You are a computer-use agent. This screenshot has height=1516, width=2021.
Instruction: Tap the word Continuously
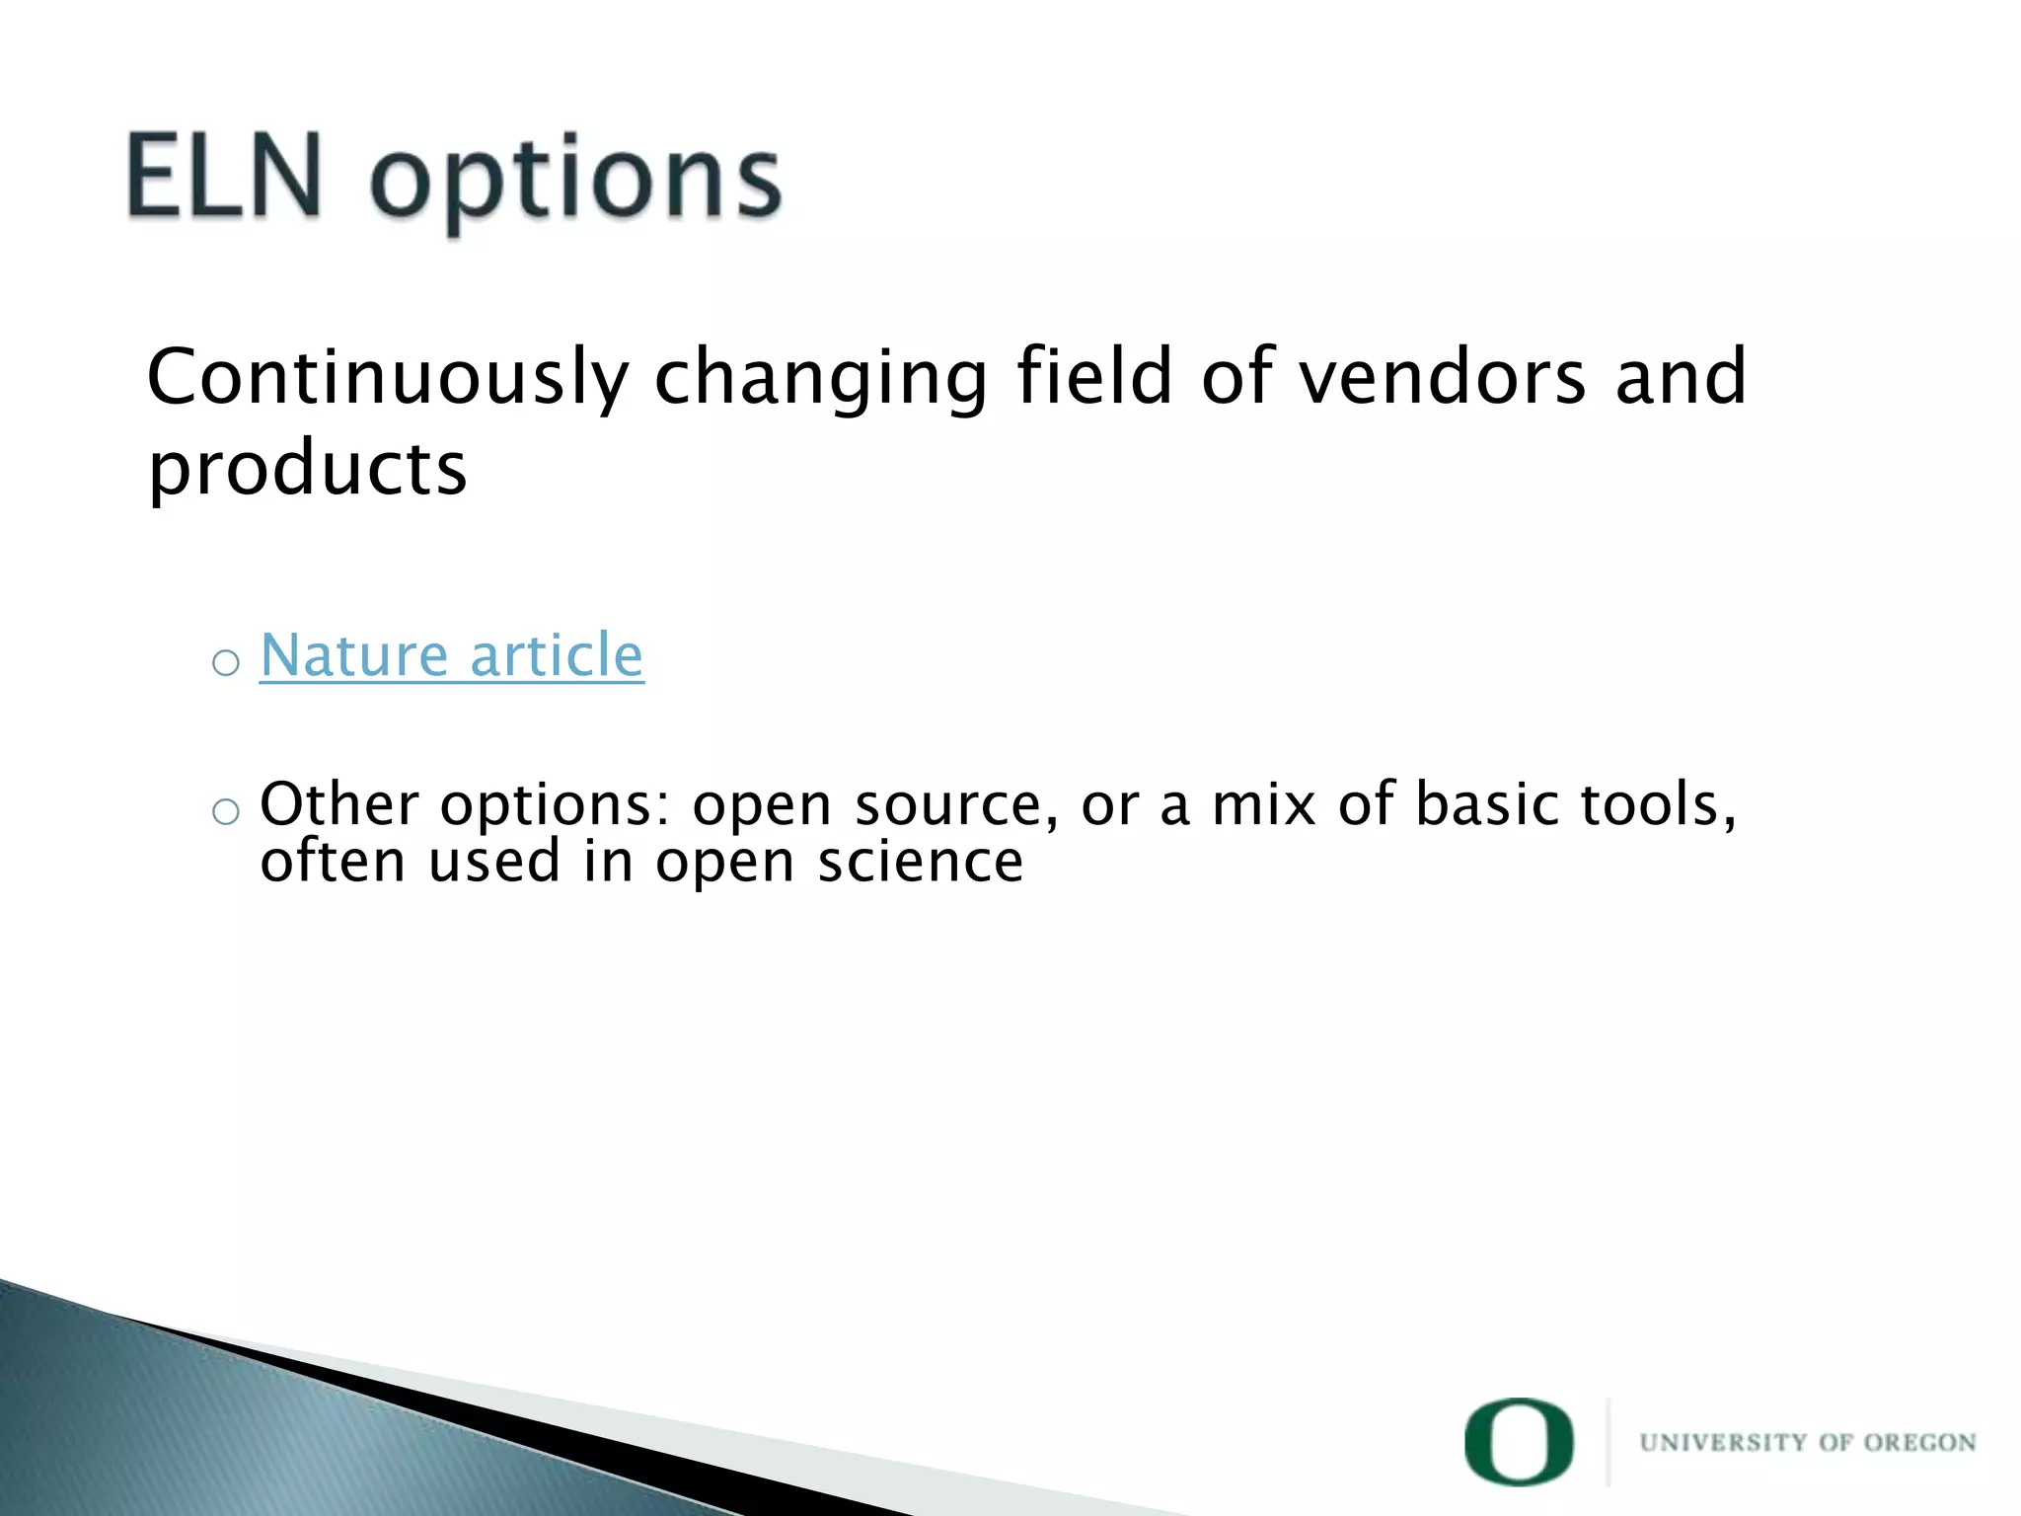click(387, 378)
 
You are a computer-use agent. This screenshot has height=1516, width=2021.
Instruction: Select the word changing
click(820, 378)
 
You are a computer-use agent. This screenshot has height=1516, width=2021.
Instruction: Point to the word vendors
click(1442, 378)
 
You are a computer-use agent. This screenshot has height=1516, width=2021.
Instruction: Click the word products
click(307, 468)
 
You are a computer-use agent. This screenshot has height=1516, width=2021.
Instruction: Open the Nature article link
click(451, 655)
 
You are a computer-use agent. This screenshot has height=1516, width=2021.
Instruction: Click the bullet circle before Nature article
click(226, 662)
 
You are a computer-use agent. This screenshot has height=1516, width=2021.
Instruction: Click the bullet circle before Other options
click(226, 811)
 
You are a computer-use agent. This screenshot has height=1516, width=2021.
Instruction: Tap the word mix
click(1264, 804)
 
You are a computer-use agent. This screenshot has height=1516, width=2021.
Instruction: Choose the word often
click(333, 862)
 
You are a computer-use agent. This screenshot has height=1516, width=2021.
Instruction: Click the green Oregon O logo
click(1519, 1441)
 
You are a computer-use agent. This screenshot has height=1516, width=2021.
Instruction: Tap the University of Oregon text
click(1807, 1443)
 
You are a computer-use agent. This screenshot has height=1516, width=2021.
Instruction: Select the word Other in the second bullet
click(339, 804)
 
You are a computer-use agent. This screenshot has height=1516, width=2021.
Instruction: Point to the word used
click(494, 862)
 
